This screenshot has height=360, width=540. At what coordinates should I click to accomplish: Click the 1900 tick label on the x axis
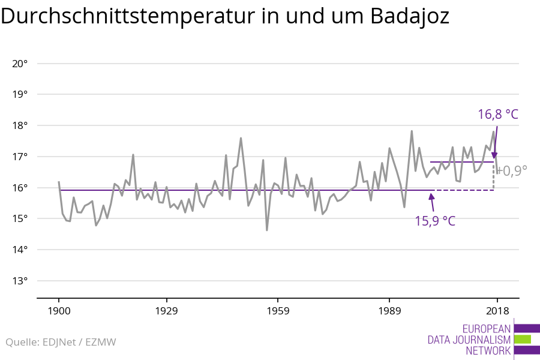pos(58,311)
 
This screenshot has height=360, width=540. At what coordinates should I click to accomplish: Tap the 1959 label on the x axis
pos(277,311)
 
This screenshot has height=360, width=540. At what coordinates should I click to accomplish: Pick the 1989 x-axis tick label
pos(389,311)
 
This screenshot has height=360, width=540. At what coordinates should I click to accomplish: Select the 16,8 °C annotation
pos(497,114)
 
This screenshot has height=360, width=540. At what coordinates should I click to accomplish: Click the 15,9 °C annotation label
pos(435,221)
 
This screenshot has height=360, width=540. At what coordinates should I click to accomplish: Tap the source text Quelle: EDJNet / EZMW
pos(61,343)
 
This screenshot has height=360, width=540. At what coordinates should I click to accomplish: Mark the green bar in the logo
pos(523,340)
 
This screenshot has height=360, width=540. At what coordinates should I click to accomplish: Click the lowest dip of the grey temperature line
pos(267,230)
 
